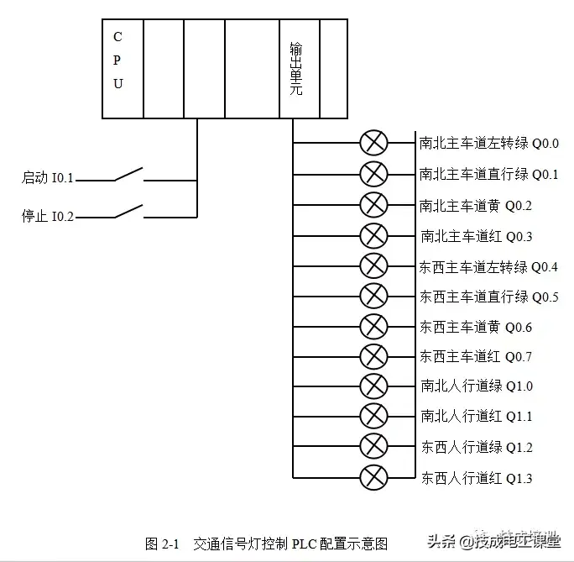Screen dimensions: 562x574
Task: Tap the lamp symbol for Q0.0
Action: tap(373, 143)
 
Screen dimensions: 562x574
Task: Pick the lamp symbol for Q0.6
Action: tap(373, 326)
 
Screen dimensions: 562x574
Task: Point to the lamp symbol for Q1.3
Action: tap(373, 478)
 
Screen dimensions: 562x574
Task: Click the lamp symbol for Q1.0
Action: tap(373, 386)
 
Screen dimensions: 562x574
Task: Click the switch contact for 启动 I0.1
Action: tap(128, 177)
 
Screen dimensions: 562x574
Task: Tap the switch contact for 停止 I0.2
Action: tap(128, 213)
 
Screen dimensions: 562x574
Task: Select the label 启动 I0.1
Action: tap(48, 179)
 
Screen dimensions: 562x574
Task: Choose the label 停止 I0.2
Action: tap(48, 216)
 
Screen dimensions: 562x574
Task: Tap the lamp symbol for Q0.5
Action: tap(373, 296)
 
